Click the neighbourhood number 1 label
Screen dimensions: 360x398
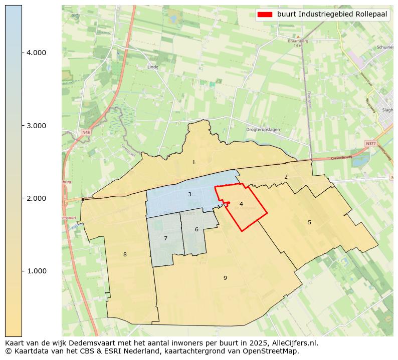193,163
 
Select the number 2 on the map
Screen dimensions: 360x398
286,177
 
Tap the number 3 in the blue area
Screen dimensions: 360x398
189,194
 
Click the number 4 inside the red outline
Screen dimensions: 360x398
241,204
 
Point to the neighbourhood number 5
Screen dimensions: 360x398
309,222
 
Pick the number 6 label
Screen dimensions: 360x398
196,229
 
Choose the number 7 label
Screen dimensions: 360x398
165,238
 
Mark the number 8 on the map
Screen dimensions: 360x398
125,254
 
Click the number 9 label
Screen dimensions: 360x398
225,278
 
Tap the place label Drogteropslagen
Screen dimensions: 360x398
263,130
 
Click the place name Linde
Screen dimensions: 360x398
153,67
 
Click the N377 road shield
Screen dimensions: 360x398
370,144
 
